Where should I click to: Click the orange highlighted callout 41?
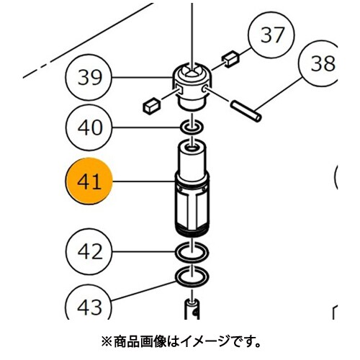(x=89, y=181)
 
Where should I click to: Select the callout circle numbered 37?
(x=271, y=35)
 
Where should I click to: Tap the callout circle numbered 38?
(x=319, y=63)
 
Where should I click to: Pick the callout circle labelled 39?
(x=89, y=78)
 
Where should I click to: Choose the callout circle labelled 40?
(x=89, y=127)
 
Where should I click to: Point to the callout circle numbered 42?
(x=89, y=252)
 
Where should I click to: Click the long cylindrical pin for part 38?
(x=246, y=112)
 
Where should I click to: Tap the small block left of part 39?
(x=151, y=106)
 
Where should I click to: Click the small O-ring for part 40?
(x=192, y=127)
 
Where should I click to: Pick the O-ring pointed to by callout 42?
(x=192, y=252)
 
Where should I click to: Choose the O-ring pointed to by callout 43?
(x=192, y=276)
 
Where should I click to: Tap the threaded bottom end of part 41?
(x=192, y=230)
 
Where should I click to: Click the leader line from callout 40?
(x=146, y=127)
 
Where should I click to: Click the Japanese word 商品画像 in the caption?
(x=140, y=342)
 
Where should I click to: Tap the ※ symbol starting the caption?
(x=107, y=342)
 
